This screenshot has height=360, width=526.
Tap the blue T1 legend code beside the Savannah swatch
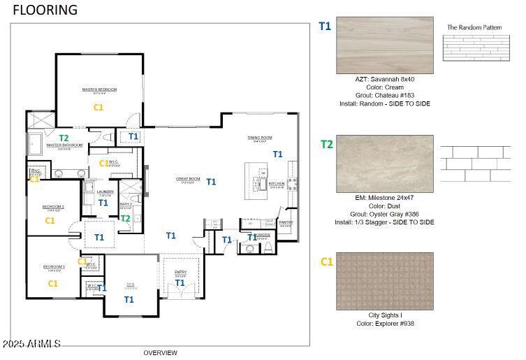tap(325, 27)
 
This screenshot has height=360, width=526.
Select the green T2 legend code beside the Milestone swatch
tap(326, 145)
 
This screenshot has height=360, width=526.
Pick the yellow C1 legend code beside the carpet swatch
tap(326, 262)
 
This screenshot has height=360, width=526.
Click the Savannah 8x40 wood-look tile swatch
tap(384, 45)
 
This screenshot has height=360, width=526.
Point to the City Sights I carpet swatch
tap(384, 281)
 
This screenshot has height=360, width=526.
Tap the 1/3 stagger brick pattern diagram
tap(475, 164)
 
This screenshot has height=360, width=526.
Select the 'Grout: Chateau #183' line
tap(384, 95)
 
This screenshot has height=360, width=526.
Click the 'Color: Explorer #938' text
tap(384, 323)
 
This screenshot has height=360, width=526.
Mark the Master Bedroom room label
tap(99, 89)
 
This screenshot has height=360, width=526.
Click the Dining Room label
tap(259, 138)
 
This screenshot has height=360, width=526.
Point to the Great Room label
tap(187, 179)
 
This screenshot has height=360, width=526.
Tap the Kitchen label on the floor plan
tap(277, 184)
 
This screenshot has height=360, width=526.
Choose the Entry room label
tap(180, 272)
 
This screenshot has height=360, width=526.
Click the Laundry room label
tap(105, 192)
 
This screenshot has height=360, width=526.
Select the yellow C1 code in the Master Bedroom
tap(98, 108)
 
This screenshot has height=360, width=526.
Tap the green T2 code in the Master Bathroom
tap(64, 138)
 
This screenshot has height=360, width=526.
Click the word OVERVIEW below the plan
tap(160, 353)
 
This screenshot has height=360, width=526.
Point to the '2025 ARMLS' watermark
tap(31, 344)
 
